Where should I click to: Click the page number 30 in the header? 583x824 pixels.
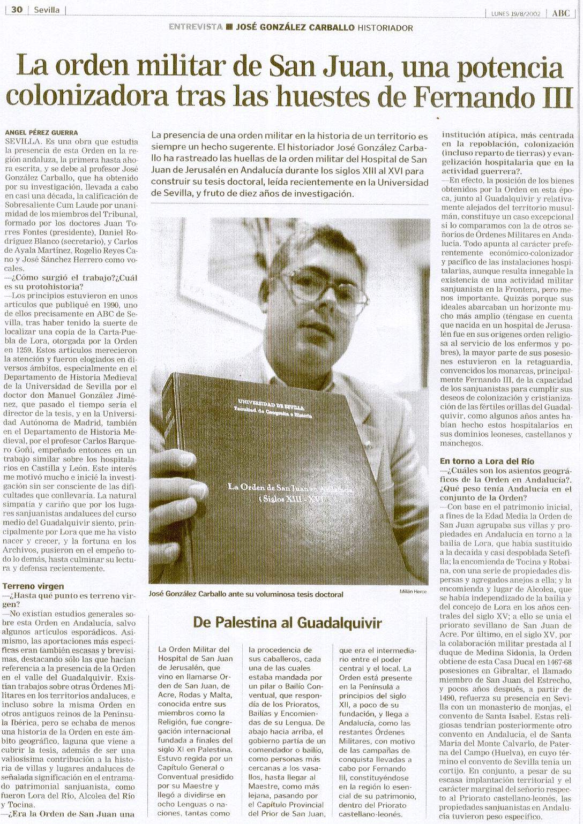[17, 10]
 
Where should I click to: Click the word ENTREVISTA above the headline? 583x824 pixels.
[196, 27]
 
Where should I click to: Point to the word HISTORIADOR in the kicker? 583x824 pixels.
[385, 28]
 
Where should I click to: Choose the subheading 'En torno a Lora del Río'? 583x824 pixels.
[487, 460]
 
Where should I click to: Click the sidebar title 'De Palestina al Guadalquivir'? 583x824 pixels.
[288, 622]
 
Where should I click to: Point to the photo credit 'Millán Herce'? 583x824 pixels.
[414, 591]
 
